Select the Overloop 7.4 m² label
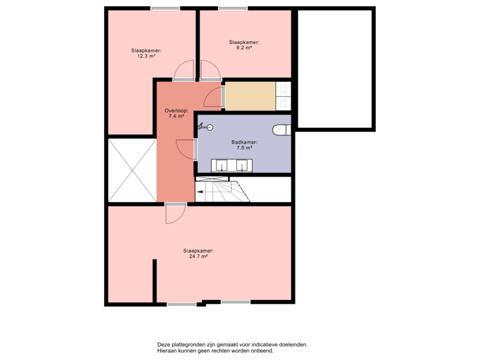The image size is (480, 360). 177,113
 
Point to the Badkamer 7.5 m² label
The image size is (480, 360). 245,145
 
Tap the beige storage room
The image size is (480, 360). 249,96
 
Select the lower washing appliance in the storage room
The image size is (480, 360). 283,103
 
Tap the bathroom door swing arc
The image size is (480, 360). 185,149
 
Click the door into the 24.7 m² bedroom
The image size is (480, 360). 175,214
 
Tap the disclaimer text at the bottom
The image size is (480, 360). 233,348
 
